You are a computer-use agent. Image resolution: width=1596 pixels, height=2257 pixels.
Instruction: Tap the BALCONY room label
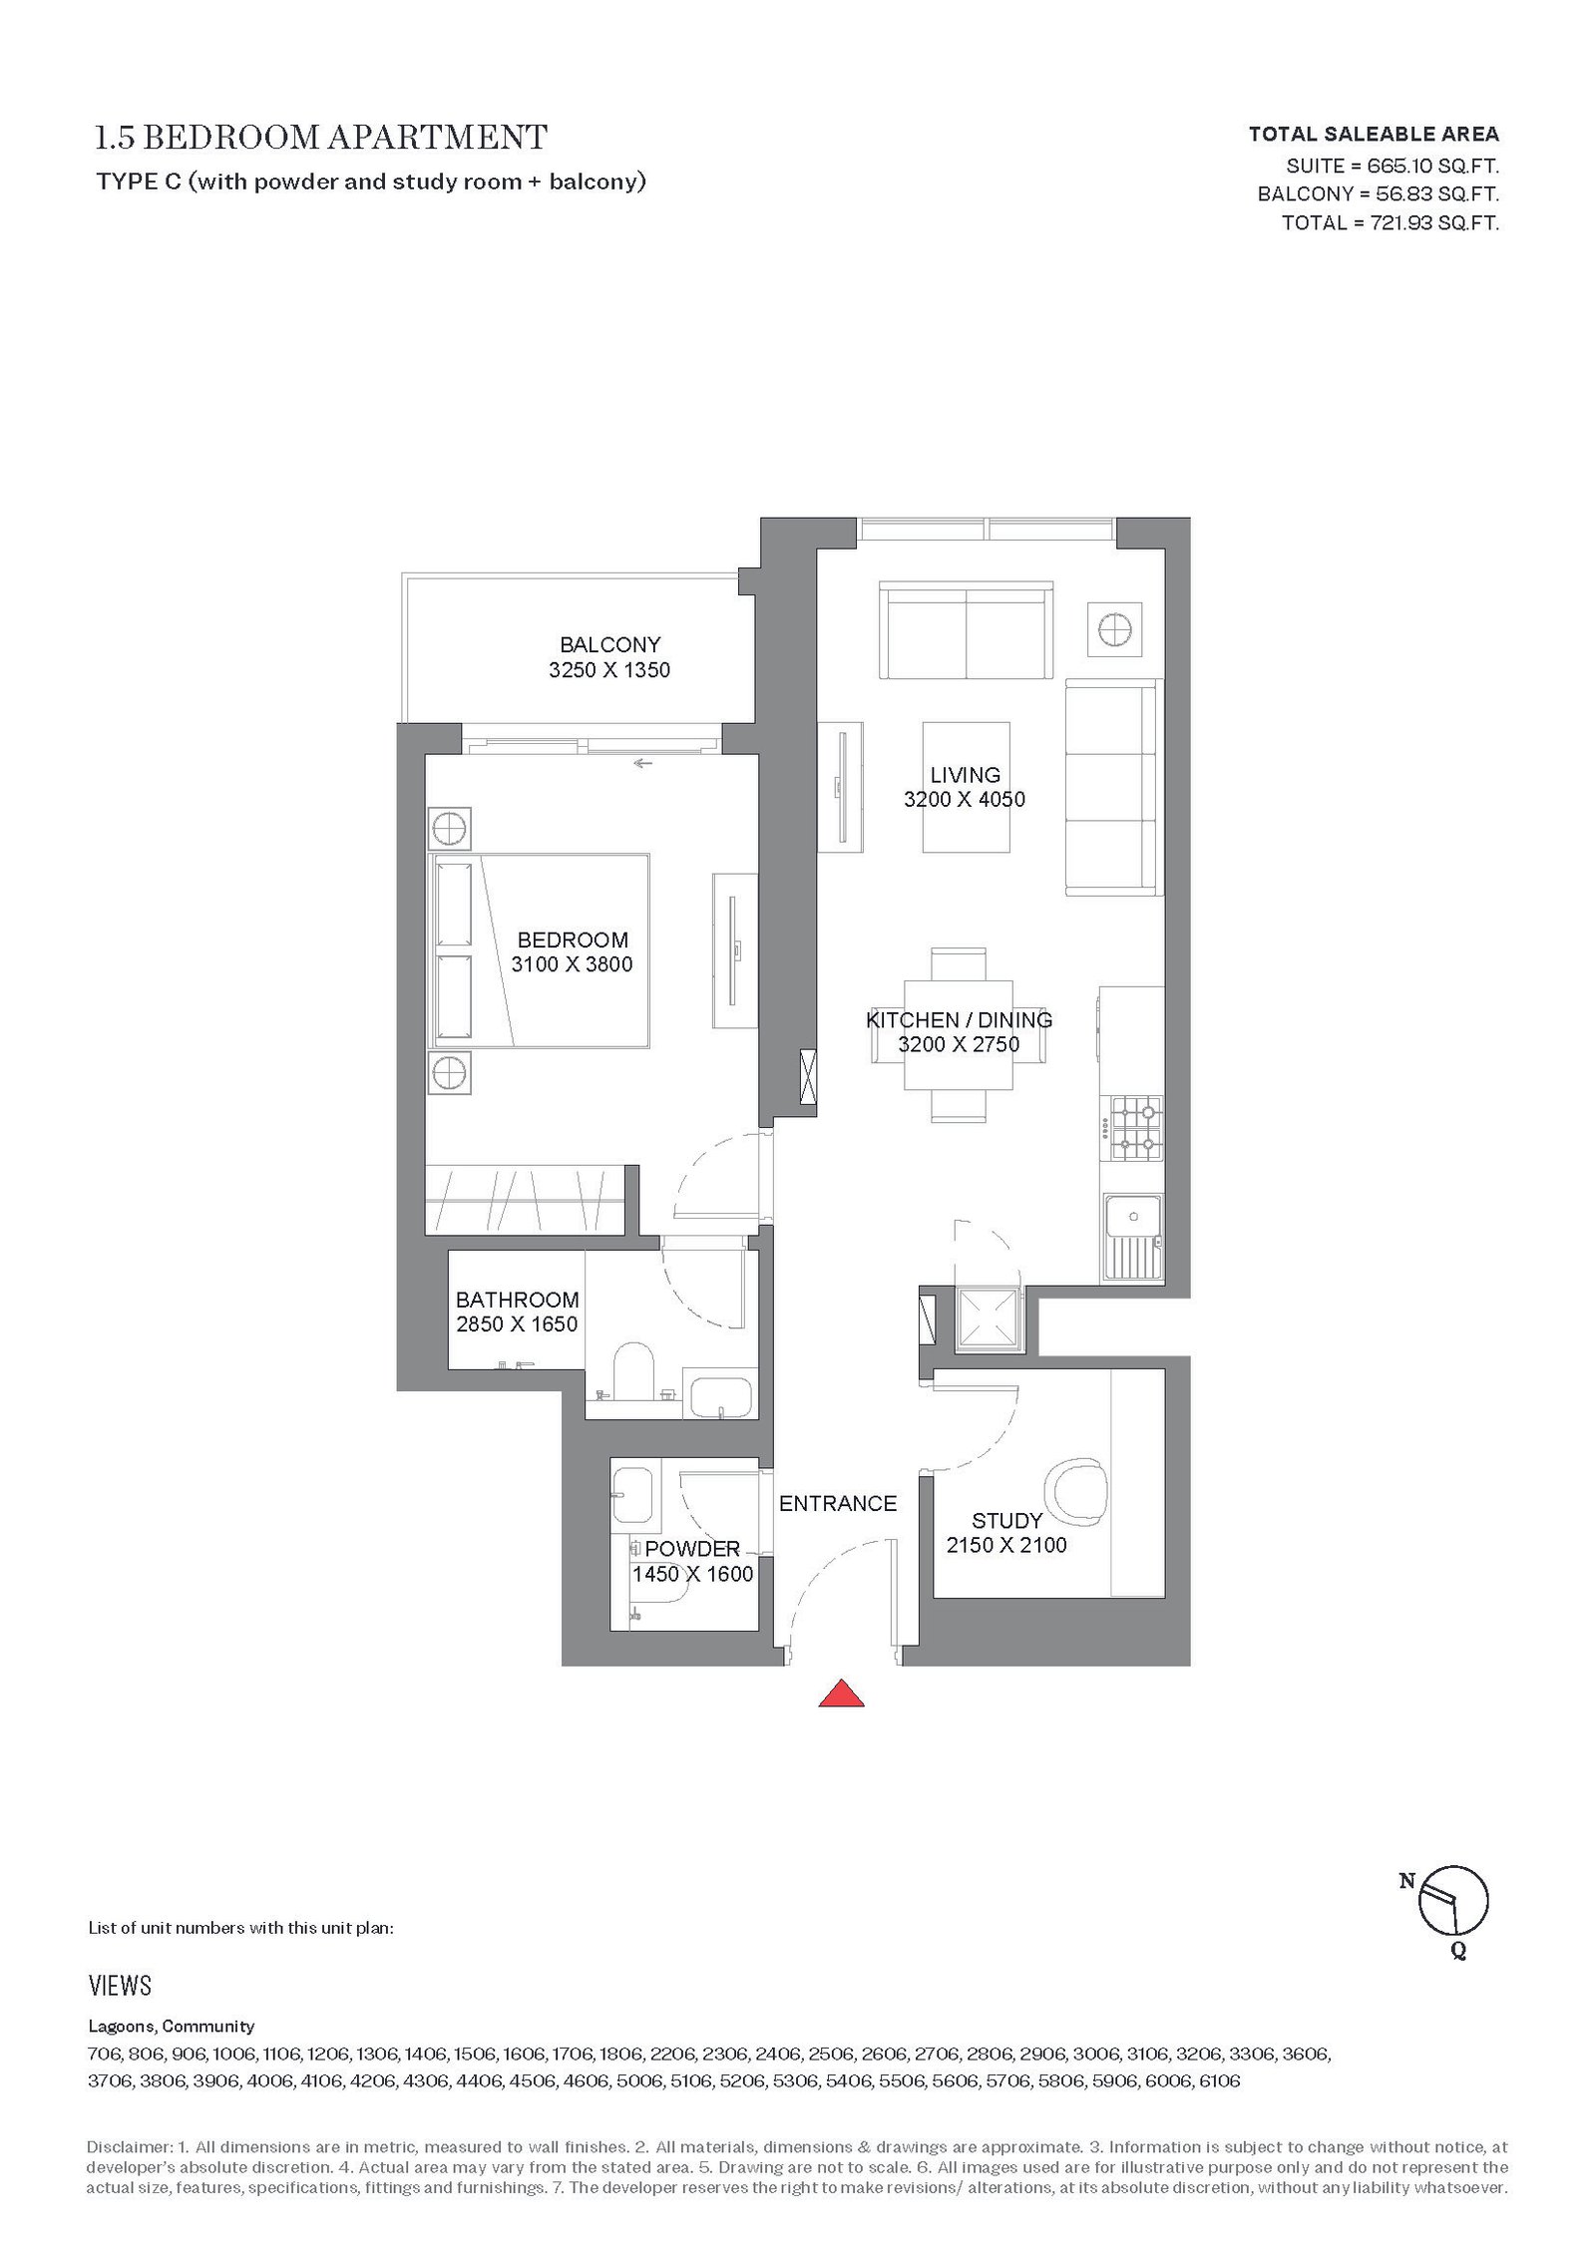click(x=609, y=644)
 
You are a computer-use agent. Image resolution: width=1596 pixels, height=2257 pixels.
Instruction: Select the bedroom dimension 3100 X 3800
click(x=572, y=964)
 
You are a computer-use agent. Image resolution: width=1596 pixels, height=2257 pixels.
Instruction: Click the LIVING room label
click(x=965, y=775)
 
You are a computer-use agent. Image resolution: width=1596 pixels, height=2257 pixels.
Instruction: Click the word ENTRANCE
click(x=838, y=1503)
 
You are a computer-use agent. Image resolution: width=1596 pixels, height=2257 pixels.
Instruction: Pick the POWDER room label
click(x=692, y=1549)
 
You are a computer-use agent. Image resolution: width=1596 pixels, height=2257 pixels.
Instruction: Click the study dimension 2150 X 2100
click(x=1006, y=1545)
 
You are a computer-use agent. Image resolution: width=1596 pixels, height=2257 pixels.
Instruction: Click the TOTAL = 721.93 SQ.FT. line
click(x=1391, y=222)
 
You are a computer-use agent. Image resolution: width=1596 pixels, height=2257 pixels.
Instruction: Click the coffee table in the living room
click(x=966, y=787)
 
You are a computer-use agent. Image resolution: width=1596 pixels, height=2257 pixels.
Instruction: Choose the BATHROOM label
click(x=517, y=1300)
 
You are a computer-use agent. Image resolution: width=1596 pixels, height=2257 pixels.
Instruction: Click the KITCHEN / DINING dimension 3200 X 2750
click(x=959, y=1044)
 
